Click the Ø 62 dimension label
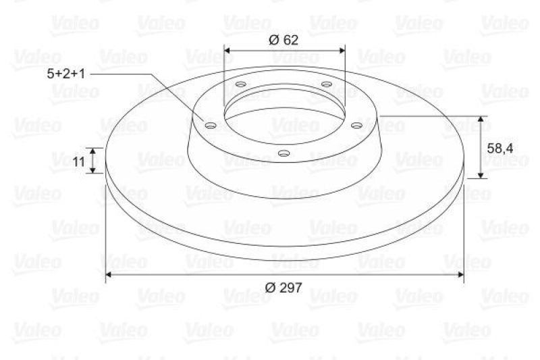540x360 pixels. [x=283, y=40]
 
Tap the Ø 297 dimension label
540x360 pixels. [x=283, y=287]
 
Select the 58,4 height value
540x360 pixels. [x=505, y=147]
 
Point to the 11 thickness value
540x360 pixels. [x=78, y=161]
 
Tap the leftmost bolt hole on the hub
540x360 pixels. [x=209, y=125]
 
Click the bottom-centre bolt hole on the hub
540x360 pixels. [x=283, y=154]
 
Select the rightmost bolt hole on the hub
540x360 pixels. [x=356, y=124]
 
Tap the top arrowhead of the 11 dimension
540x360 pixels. [x=95, y=151]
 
